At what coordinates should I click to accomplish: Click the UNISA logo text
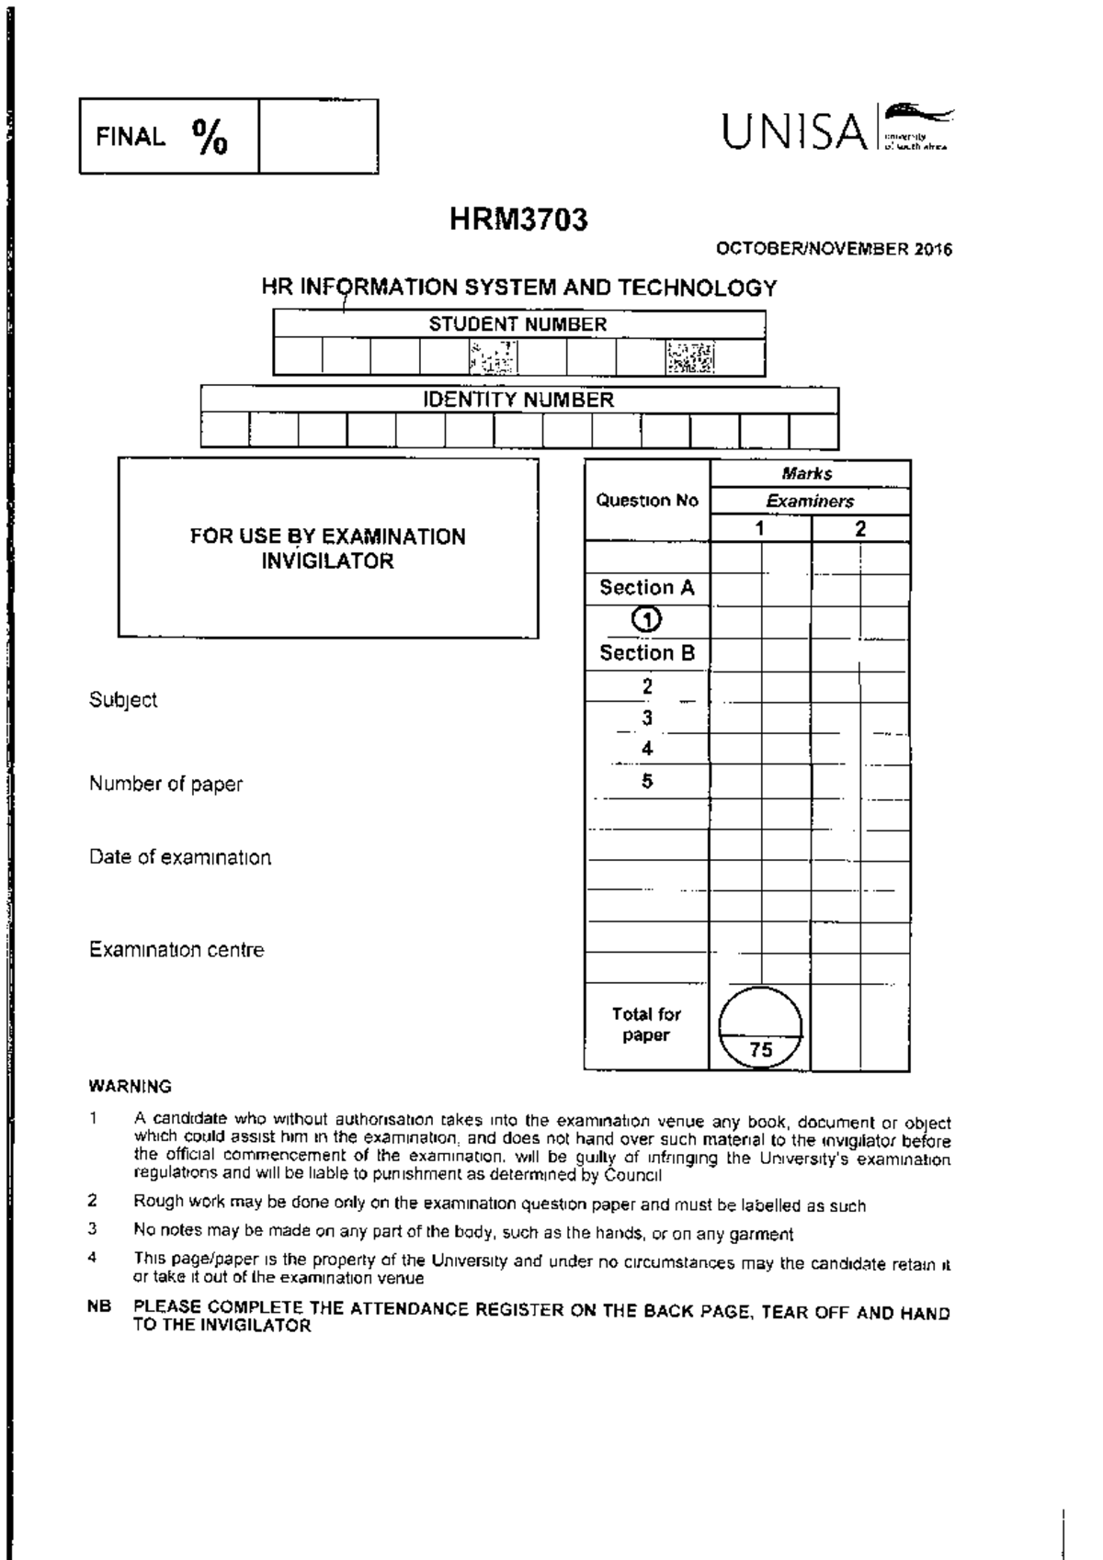click(794, 132)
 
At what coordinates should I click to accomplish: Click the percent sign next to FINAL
click(210, 137)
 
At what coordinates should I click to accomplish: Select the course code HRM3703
click(518, 220)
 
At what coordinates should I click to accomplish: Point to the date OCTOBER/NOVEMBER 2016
click(834, 249)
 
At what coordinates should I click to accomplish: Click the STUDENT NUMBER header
click(517, 324)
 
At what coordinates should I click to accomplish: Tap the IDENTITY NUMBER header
click(517, 400)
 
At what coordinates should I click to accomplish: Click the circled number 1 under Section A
click(647, 620)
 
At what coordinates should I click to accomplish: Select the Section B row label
click(647, 653)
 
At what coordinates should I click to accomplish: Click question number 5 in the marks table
click(647, 781)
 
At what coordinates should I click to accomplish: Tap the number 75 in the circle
click(760, 1049)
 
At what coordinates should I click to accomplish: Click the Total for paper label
click(646, 1024)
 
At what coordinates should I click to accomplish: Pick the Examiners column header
click(810, 502)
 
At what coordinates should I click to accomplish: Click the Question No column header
click(647, 501)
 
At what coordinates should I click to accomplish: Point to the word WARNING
click(130, 1086)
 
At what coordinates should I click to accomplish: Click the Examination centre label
click(176, 950)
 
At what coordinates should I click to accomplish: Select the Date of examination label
click(180, 857)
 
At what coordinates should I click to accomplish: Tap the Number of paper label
click(165, 784)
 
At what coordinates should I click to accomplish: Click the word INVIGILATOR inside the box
click(327, 561)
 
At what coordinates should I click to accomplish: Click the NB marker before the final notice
click(98, 1306)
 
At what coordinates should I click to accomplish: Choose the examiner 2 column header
click(860, 528)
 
